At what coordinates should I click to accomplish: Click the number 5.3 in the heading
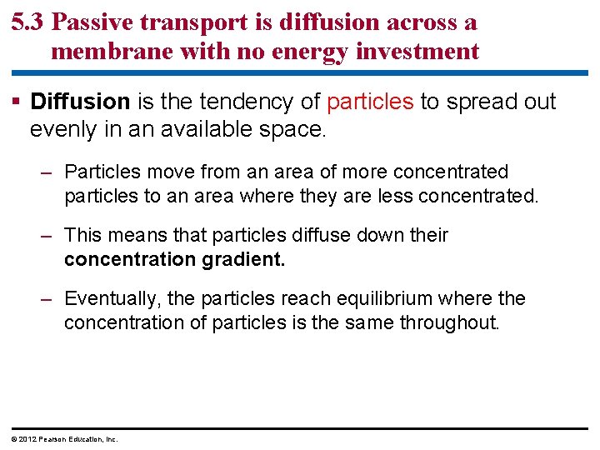coord(28,22)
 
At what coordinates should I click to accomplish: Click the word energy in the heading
coord(318,52)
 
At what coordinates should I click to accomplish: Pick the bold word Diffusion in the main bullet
coord(80,102)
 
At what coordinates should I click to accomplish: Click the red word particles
coord(370,102)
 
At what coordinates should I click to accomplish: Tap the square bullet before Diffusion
coord(17,102)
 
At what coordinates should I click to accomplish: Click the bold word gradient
coord(243,259)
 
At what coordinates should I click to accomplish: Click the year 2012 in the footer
coord(27,439)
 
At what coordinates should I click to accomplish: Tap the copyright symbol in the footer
coord(14,439)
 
